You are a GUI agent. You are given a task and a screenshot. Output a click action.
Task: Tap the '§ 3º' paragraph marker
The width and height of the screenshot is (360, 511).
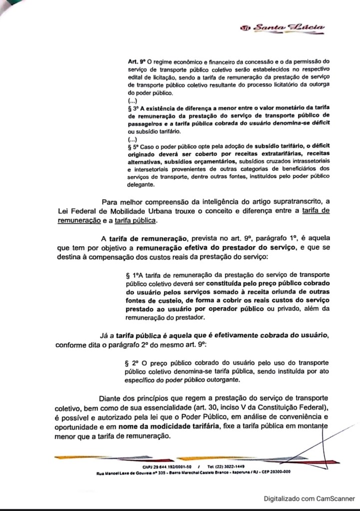click(134, 108)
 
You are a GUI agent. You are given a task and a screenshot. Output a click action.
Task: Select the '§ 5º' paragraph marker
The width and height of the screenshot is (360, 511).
click(134, 148)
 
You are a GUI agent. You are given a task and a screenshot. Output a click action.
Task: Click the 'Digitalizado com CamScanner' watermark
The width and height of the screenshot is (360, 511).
click(309, 498)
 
